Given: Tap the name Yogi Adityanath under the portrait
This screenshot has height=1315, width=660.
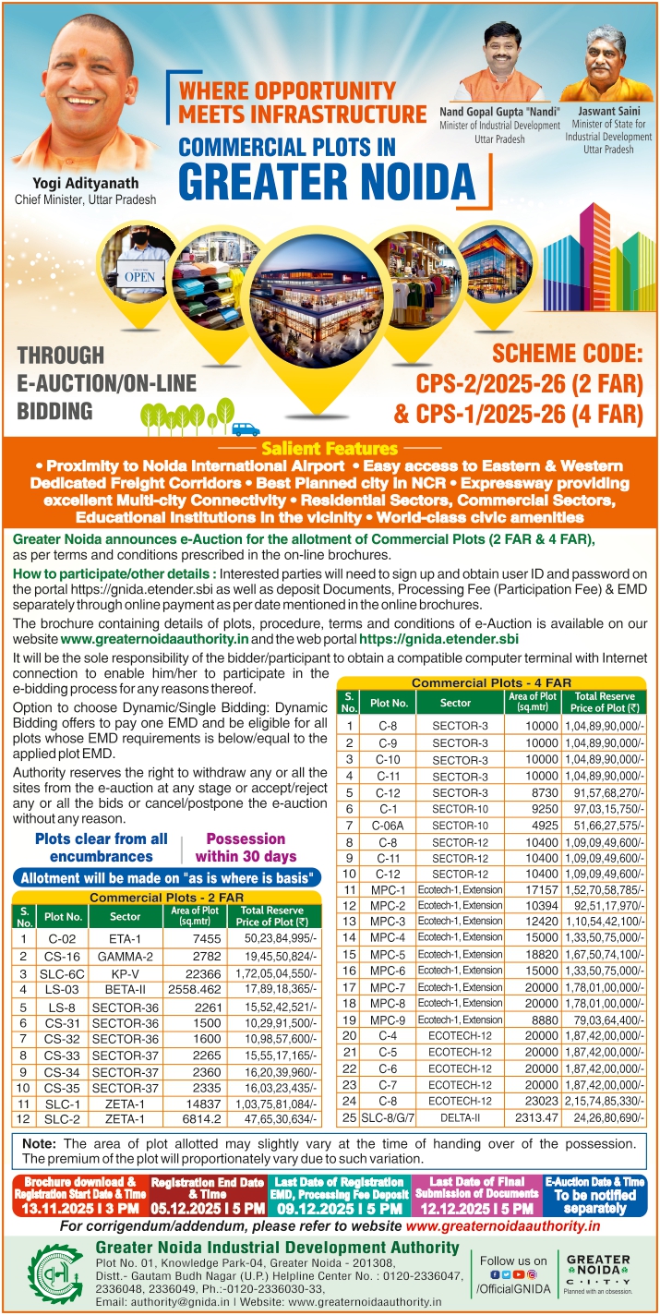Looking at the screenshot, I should point(85,182).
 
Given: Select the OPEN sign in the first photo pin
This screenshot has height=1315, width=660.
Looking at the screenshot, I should point(140,275).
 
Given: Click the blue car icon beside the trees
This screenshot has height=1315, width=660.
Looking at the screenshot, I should point(246,428).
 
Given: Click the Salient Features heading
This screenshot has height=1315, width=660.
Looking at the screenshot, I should point(330,449).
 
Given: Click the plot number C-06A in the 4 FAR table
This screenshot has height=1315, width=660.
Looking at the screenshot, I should point(388,825).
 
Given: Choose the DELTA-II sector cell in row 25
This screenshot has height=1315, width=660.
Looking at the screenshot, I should point(455,1117).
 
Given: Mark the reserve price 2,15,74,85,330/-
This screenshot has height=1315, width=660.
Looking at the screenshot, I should point(604,1101).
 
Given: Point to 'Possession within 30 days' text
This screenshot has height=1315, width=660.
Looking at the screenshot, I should point(246,846).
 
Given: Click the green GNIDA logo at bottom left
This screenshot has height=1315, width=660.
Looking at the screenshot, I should point(54,1273).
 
